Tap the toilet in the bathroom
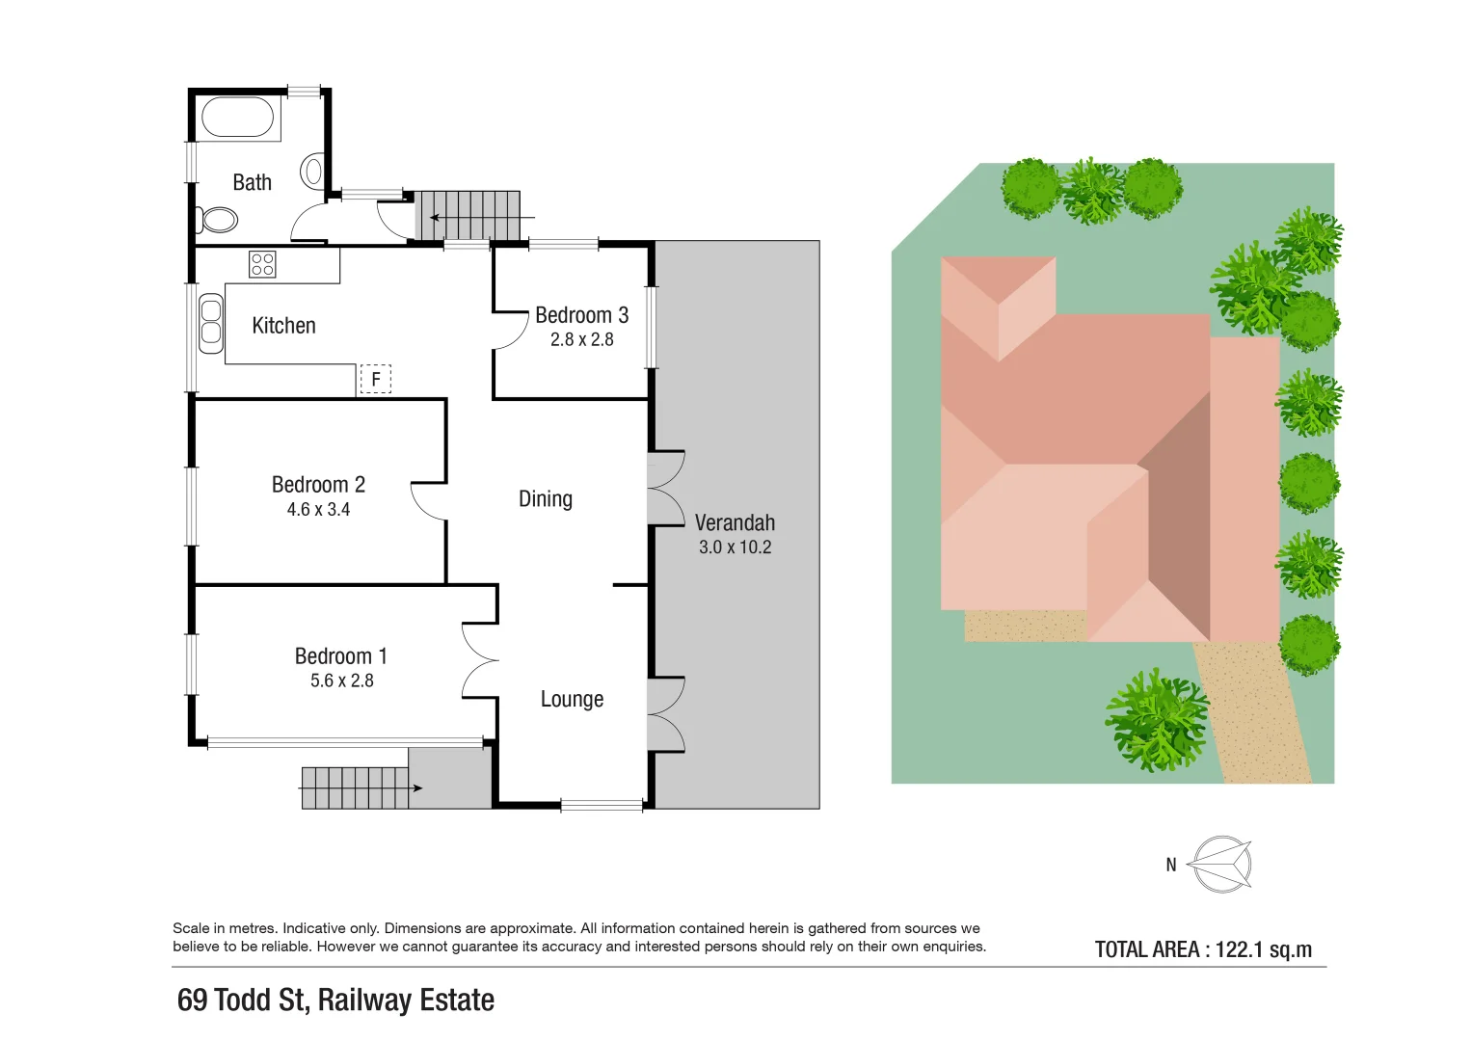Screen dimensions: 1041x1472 point(218,220)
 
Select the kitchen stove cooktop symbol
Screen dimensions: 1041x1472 point(262,264)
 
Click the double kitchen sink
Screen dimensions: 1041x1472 point(210,324)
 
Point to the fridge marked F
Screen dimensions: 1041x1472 point(376,380)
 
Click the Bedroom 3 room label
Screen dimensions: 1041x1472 point(581,315)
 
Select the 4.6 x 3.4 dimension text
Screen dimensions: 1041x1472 point(318,510)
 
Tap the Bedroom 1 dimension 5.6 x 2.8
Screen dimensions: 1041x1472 point(341,681)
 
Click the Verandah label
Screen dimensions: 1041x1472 point(735,522)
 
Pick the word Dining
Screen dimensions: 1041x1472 point(546,499)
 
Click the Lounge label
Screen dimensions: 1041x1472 point(572,700)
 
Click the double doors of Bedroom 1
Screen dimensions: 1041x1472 point(479,661)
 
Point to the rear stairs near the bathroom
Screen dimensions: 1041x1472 point(468,215)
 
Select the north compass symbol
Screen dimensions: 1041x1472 point(1220,864)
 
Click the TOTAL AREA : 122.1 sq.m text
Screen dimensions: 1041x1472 point(1203,949)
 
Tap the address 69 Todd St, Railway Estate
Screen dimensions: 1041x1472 point(335,1001)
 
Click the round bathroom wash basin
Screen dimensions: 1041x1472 point(312,172)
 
